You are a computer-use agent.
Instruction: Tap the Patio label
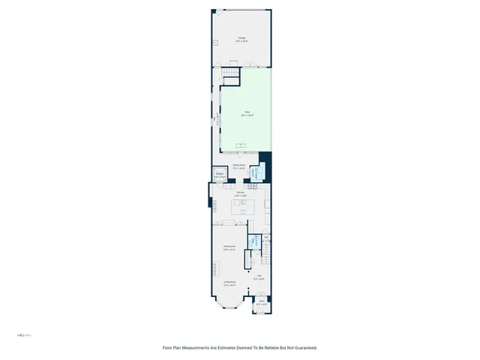(247, 113)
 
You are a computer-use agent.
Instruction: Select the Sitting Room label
(240, 167)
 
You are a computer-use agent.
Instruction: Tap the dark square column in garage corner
(214, 10)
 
